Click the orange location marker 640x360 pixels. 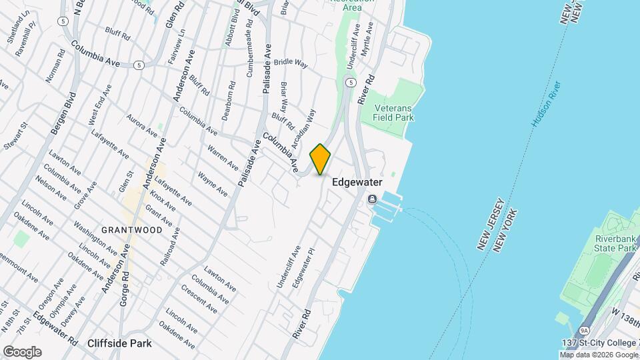[321, 159]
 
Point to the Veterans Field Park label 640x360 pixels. [394, 113]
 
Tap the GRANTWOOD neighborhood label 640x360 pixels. [132, 230]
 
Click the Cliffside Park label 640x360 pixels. [119, 343]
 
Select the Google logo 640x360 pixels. [22, 351]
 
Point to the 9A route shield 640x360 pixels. [584, 330]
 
